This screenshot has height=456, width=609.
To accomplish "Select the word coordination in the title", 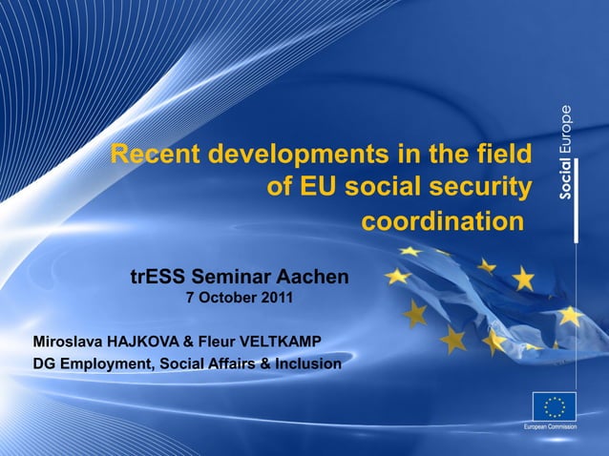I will (442, 222).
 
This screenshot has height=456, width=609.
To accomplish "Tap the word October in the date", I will (226, 299).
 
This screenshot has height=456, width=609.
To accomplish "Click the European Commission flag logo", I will (554, 405).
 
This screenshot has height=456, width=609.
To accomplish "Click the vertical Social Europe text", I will (566, 152).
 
